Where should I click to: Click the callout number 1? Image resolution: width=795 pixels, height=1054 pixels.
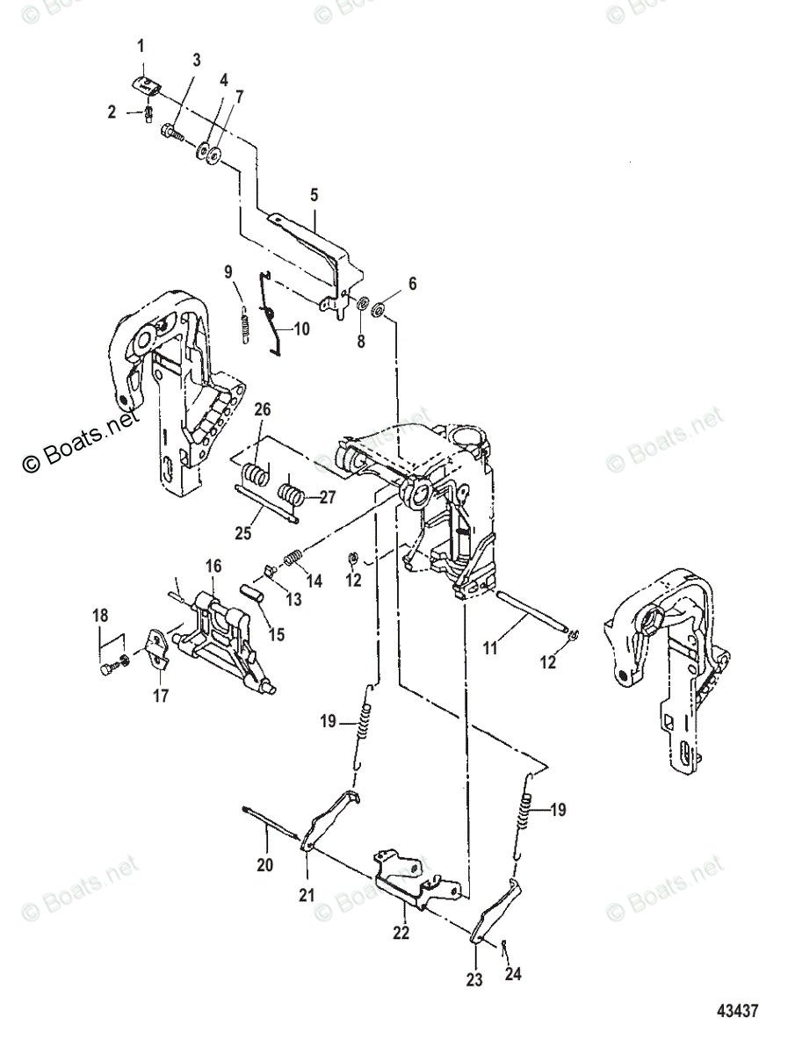[141, 47]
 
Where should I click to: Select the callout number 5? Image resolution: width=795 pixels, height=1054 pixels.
[314, 195]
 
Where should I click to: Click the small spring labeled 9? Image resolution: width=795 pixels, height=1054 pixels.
[245, 323]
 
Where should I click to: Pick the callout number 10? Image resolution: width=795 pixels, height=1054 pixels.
[302, 328]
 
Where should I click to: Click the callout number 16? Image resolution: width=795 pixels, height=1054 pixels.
[213, 567]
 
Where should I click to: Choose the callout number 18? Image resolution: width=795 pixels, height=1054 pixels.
[100, 615]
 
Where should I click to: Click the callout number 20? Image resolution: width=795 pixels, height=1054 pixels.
[265, 865]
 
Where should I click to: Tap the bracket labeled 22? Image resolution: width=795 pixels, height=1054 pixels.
[416, 879]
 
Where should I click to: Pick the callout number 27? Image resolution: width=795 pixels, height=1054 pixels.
[328, 497]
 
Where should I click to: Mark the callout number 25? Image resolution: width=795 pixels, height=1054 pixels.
[243, 533]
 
